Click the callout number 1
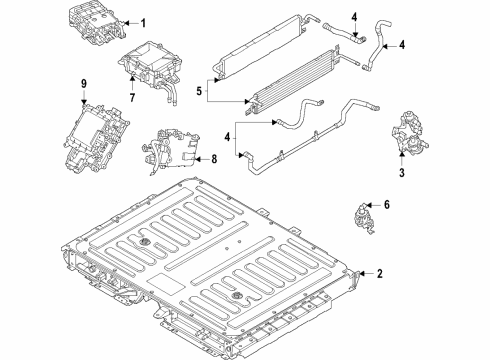coord(142,23)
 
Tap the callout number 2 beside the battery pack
coord(380,274)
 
